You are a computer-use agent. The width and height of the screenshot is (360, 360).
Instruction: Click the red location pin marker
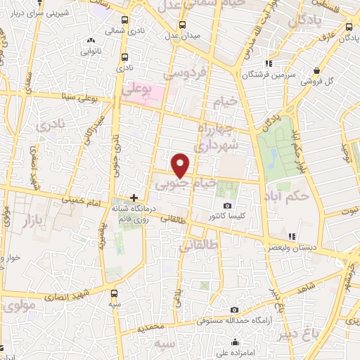point(181,165)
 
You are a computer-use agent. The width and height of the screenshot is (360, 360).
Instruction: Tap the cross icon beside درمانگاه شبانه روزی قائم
point(134,199)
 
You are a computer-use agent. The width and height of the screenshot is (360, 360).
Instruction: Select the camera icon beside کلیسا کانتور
point(226,206)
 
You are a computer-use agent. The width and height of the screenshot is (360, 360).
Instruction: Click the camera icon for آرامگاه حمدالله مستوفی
point(234,310)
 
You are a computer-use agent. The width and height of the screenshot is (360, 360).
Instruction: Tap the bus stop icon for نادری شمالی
point(124,21)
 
